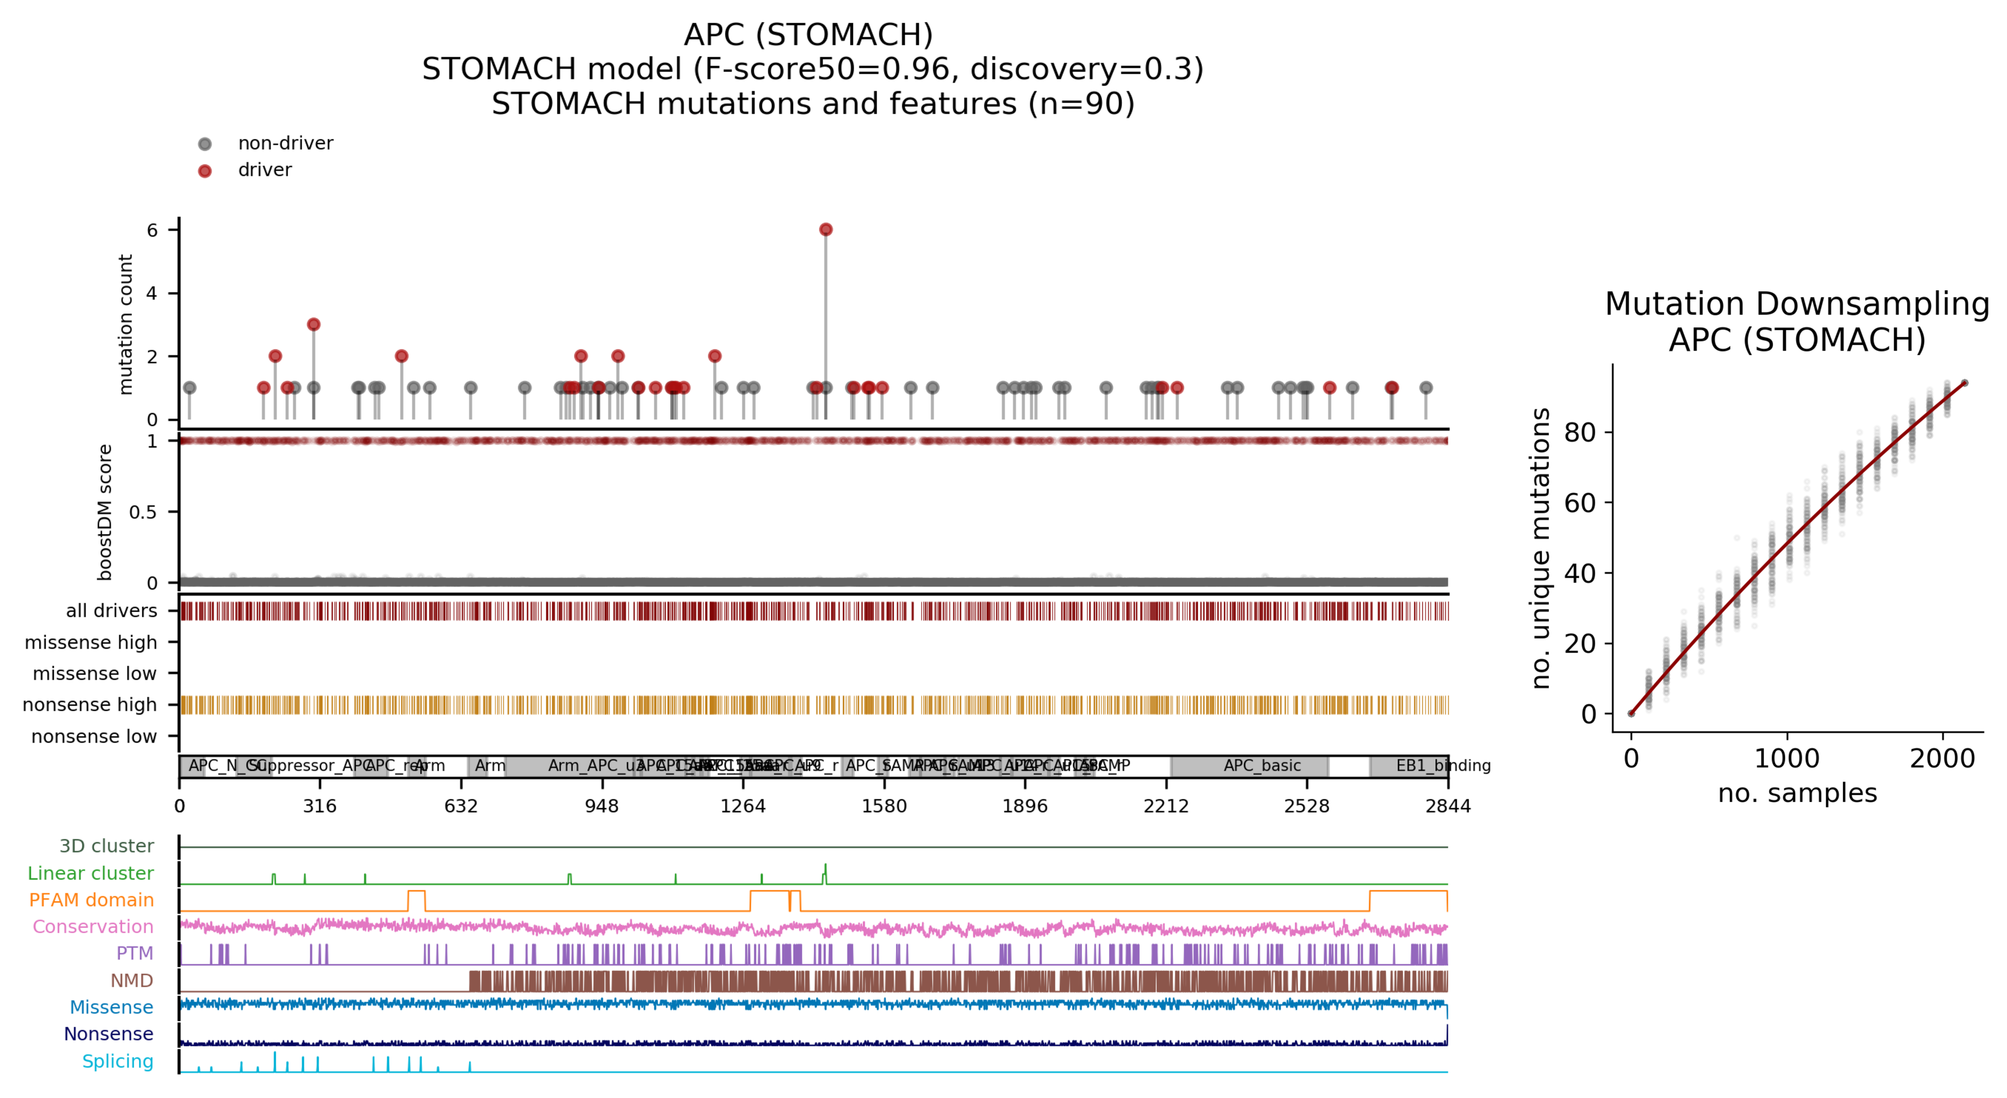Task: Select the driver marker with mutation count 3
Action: [x=313, y=324]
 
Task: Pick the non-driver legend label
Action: [x=285, y=143]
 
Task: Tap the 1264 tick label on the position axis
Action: [x=742, y=806]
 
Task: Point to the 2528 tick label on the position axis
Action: [x=1307, y=806]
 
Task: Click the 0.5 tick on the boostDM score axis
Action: [x=142, y=512]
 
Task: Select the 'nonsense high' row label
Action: [x=90, y=704]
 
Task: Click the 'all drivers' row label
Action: [x=111, y=611]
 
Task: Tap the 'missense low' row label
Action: [x=94, y=673]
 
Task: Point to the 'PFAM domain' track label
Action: [x=91, y=900]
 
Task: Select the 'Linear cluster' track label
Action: [x=90, y=873]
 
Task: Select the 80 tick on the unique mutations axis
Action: [x=1579, y=433]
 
